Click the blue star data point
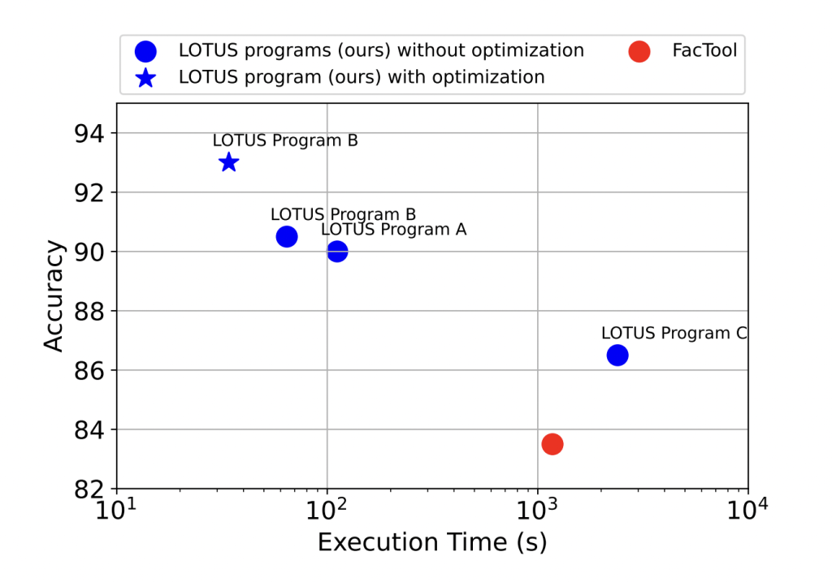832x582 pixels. tap(229, 162)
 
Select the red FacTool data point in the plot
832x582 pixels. tap(552, 443)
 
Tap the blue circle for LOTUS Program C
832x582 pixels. tap(617, 355)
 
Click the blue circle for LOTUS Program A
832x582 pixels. tap(337, 252)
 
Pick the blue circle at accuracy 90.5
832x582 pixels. tap(287, 236)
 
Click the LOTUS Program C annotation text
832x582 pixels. tap(674, 333)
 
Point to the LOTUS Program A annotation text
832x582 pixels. tap(393, 230)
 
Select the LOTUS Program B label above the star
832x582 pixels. tap(285, 140)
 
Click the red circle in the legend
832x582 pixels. tap(639, 51)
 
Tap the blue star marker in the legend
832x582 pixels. tap(146, 78)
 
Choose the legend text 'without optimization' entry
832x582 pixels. tap(381, 50)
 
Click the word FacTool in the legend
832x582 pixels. tap(704, 50)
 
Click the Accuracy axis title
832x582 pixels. tap(53, 295)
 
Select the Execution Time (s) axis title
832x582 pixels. tap(431, 542)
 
